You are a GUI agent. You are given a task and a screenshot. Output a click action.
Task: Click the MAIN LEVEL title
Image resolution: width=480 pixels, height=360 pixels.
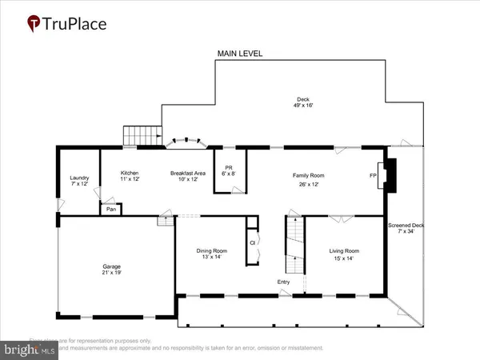click(x=240, y=54)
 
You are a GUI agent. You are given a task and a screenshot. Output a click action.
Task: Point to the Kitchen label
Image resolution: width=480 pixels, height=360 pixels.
click(x=130, y=177)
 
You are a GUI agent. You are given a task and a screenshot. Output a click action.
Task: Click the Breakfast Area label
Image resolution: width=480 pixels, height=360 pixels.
click(x=188, y=177)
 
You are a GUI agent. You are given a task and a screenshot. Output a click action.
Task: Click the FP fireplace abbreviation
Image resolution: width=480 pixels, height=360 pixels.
click(x=372, y=175)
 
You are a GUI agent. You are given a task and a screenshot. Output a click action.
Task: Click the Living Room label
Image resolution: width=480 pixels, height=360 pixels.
click(x=345, y=254)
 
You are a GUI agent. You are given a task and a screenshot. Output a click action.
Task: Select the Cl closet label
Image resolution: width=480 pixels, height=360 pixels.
click(x=252, y=242)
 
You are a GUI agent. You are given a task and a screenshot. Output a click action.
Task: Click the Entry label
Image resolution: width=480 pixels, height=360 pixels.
click(x=284, y=282)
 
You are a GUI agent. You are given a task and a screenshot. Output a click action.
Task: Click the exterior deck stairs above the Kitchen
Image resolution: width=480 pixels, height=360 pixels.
click(x=135, y=136)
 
